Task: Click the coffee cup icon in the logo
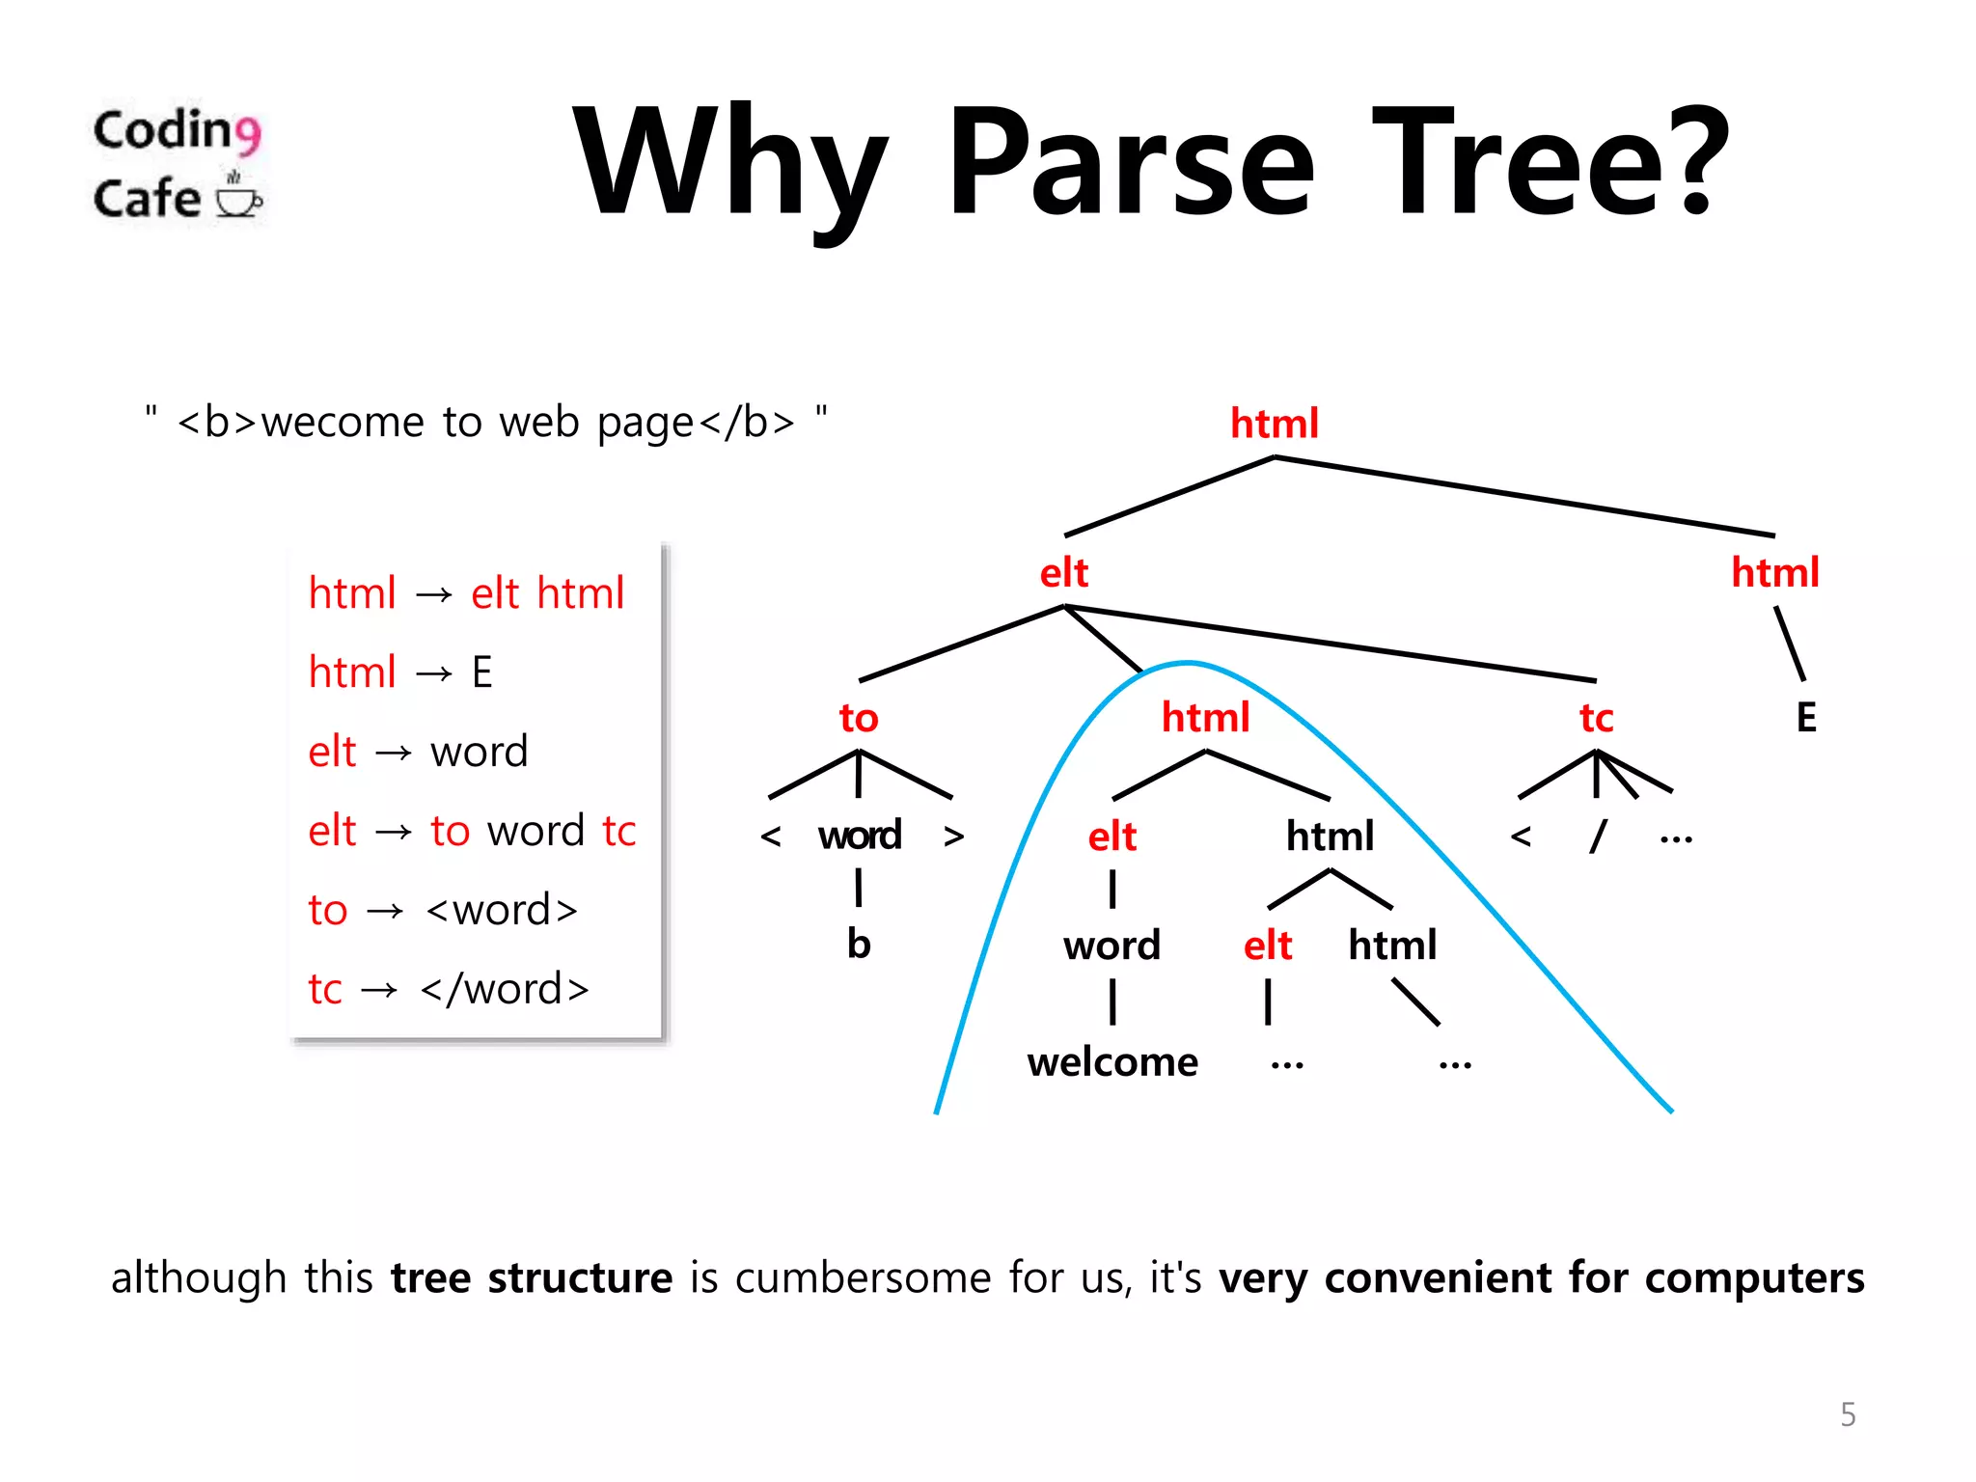coord(237,197)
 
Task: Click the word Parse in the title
coord(1131,164)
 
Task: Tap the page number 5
coord(1848,1414)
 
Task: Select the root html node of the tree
coord(1274,424)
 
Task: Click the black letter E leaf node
coord(1806,718)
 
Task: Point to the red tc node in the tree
coord(1596,719)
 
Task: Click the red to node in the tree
coord(858,719)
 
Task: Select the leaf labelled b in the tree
coord(858,944)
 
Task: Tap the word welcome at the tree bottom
coord(1111,1062)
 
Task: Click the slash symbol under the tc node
coord(1598,836)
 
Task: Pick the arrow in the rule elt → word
coord(393,753)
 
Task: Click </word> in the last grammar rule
coord(505,989)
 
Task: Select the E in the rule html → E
coord(481,672)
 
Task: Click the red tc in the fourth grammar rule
coord(618,831)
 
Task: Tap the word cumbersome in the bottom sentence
coord(863,1277)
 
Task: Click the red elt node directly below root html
coord(1063,573)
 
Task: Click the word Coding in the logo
coord(176,131)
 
